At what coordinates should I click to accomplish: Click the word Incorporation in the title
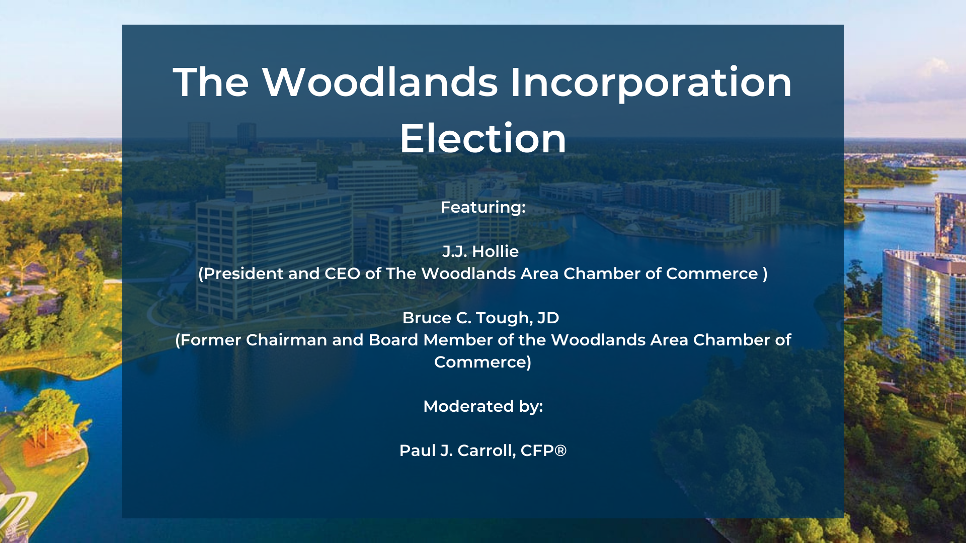[651, 83]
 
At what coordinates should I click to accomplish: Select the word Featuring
[481, 208]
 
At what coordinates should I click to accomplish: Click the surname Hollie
[495, 251]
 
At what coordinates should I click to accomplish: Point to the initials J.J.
[454, 251]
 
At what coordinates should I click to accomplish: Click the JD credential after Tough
[548, 318]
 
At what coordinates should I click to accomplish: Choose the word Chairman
[286, 340]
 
